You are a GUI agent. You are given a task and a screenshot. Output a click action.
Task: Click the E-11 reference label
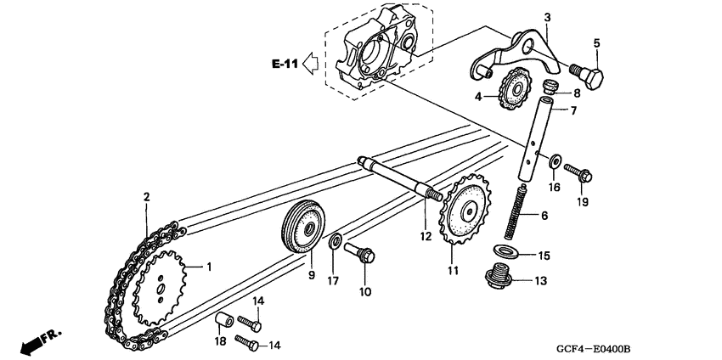[285, 64]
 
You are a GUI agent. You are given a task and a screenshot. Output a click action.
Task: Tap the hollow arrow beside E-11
[311, 63]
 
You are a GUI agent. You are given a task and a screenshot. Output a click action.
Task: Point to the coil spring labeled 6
[515, 211]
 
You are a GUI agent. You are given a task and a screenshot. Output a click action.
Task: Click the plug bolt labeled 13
[499, 275]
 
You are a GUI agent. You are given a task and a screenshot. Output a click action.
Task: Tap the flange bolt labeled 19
[578, 172]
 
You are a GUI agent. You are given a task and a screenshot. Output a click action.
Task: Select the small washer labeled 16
[555, 161]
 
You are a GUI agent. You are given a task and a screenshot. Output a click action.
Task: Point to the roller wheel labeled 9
[303, 226]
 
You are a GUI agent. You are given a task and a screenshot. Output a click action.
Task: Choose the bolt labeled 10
[359, 252]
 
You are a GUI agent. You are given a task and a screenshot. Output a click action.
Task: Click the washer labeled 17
[336, 241]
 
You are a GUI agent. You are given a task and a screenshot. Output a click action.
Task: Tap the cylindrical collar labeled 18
[225, 319]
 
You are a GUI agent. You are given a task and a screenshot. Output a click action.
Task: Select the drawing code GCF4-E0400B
[593, 348]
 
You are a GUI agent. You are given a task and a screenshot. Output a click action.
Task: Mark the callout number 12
[426, 236]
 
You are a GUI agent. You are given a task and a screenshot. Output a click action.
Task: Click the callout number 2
[146, 197]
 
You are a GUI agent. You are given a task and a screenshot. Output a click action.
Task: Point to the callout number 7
[573, 111]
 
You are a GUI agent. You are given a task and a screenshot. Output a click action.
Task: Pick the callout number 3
[547, 18]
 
